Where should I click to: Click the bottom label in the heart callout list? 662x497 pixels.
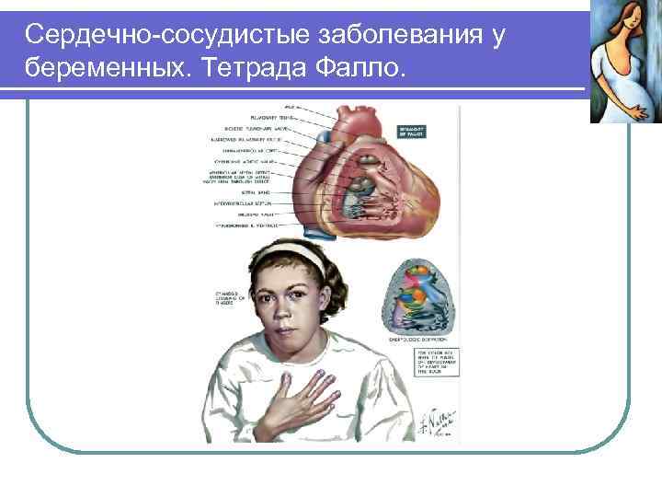248,224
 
